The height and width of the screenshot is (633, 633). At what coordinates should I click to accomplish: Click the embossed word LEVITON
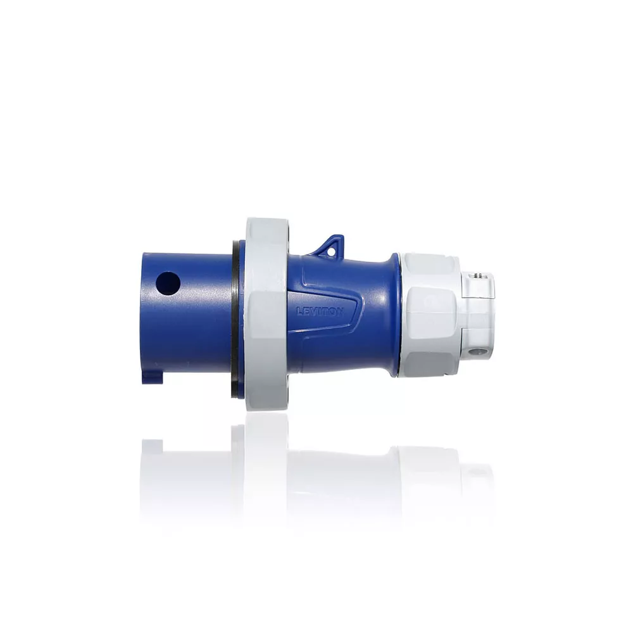[320, 311]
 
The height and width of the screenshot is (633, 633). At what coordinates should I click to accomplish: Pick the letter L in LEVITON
[299, 310]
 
